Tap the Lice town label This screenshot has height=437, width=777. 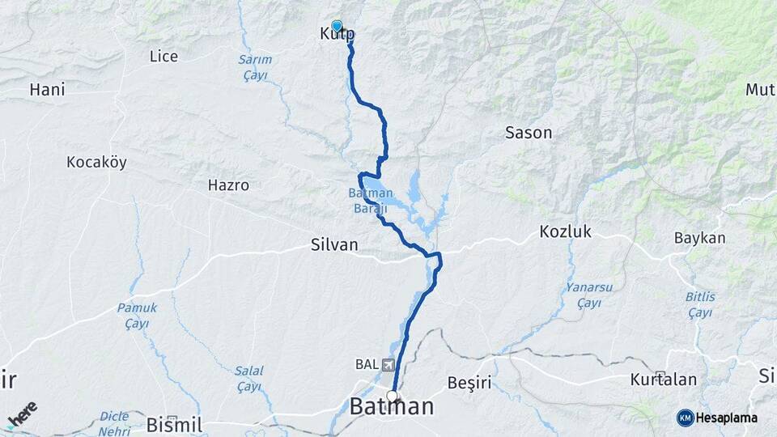(x=163, y=56)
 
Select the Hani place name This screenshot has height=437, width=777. (x=47, y=89)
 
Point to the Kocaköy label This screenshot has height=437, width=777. (x=96, y=163)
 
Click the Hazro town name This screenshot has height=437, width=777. (x=228, y=185)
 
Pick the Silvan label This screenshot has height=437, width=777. (x=334, y=244)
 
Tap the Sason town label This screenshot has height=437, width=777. (x=528, y=133)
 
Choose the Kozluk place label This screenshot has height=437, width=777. (x=565, y=232)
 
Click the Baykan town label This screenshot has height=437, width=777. (x=699, y=238)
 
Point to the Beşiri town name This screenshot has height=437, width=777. (x=469, y=381)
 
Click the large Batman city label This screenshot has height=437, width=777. (x=392, y=407)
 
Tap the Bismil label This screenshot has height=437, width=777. (x=174, y=425)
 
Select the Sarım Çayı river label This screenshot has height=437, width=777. (x=255, y=66)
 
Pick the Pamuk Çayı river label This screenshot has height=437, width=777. (x=137, y=315)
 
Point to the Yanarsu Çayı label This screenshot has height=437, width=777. (x=588, y=295)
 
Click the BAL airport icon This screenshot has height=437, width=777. (x=389, y=364)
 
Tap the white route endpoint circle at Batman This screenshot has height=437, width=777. (x=393, y=396)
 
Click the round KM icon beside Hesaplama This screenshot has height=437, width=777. (x=685, y=417)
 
